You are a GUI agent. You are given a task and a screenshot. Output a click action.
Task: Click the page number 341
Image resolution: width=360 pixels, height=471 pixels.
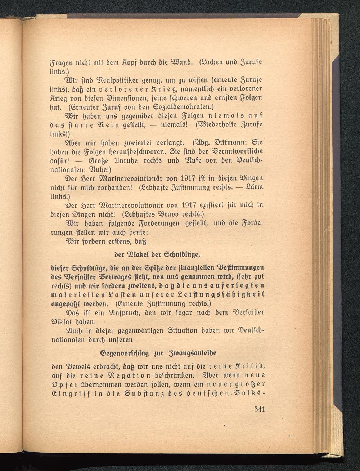coord(259,409)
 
